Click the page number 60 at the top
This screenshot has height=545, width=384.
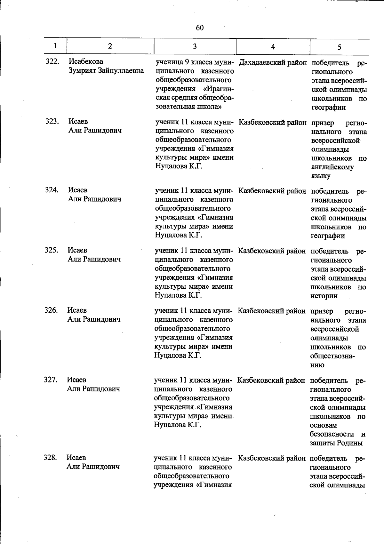click(x=200, y=28)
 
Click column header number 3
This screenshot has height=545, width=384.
click(x=195, y=46)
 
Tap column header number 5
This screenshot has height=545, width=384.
click(x=339, y=47)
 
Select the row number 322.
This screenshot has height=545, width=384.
click(x=52, y=61)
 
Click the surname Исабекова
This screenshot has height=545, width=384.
click(x=86, y=61)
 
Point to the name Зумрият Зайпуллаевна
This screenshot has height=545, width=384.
click(x=106, y=70)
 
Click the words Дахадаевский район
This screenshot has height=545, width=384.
click(x=273, y=62)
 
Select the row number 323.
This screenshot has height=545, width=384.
click(x=52, y=122)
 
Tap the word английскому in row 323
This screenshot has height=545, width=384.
click(x=332, y=167)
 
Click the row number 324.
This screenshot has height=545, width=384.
click(x=52, y=190)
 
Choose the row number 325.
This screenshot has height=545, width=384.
click(x=51, y=250)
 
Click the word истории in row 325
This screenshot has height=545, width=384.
click(x=324, y=296)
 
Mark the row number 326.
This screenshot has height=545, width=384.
click(x=51, y=310)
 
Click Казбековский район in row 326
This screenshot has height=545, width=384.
click(x=271, y=311)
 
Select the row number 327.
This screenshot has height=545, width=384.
click(x=51, y=380)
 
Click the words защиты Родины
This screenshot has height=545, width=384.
click(x=336, y=443)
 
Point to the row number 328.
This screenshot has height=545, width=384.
click(x=50, y=458)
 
